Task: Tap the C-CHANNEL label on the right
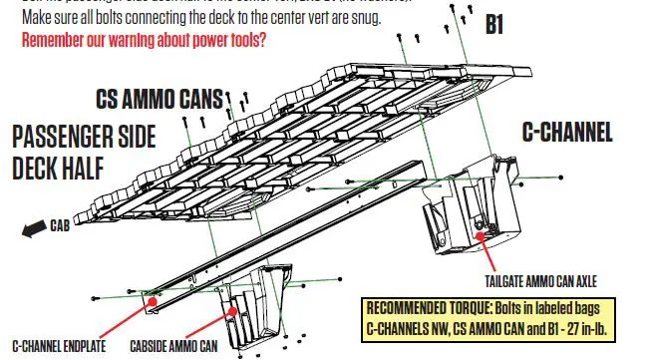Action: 567,132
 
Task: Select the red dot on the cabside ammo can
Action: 235,310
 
